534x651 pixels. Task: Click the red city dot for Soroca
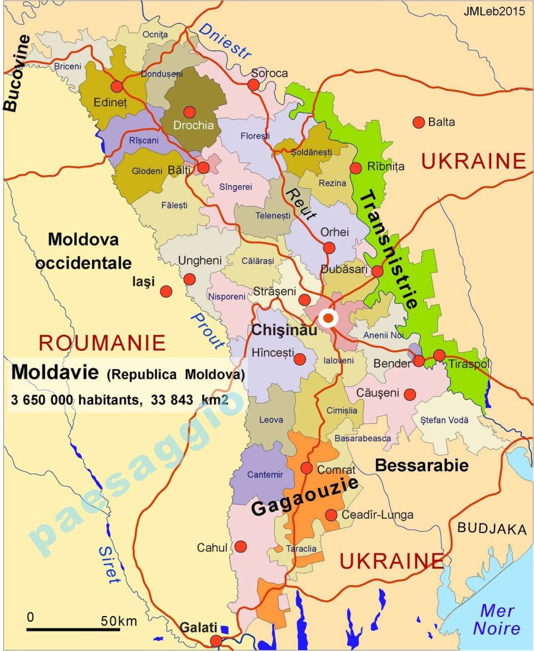[x=253, y=85]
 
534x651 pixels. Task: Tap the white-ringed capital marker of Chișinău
[x=328, y=317]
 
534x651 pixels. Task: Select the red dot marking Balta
[x=419, y=122]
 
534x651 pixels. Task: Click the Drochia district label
[x=190, y=125]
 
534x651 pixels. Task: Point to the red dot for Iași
[x=166, y=291]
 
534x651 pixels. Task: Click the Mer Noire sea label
[x=497, y=619]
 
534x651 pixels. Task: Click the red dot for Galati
[x=217, y=640]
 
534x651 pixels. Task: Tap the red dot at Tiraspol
[x=439, y=355]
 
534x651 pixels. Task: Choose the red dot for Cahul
[x=241, y=546]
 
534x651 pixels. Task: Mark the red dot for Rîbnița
[x=356, y=168]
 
